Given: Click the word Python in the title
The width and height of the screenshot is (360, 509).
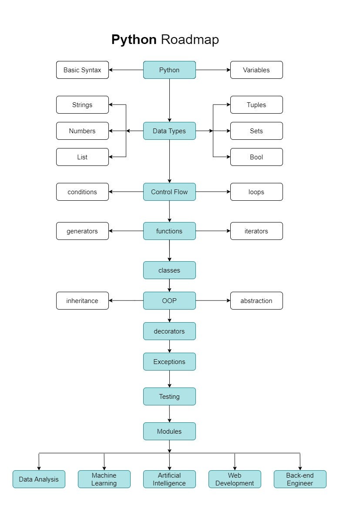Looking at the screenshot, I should [x=134, y=40].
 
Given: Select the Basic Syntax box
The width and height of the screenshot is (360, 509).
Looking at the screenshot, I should [x=82, y=70].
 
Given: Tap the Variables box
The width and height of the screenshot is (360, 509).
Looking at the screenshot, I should [x=256, y=70].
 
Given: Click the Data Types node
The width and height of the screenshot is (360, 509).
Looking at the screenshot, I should [x=169, y=131].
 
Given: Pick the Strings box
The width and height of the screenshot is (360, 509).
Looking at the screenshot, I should [x=82, y=105].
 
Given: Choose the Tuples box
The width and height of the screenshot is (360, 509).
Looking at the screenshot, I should [x=256, y=105].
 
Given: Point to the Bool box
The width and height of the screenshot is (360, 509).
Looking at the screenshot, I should [x=256, y=157].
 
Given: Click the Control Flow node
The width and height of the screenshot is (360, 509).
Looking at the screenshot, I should [x=169, y=192].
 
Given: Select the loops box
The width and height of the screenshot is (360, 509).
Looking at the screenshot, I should [x=256, y=192].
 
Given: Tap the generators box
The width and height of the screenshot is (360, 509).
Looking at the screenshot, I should [x=82, y=231].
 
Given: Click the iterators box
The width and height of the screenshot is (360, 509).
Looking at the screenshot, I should [x=256, y=231].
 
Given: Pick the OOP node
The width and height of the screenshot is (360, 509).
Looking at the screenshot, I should [x=169, y=301].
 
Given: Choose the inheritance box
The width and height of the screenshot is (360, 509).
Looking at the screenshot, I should [x=82, y=301].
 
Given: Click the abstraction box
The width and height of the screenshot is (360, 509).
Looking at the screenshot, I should [x=256, y=301].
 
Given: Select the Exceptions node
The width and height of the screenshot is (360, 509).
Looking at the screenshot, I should [x=169, y=362].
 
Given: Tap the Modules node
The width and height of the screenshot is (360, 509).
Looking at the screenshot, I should [x=169, y=431].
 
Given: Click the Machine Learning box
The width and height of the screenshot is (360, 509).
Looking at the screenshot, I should [x=104, y=479].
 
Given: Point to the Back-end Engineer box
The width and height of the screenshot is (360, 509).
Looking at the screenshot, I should [x=300, y=479].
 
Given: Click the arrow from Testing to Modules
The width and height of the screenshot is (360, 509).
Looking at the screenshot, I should [x=169, y=414].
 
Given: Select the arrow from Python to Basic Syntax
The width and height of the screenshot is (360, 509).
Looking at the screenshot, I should [x=126, y=70].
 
